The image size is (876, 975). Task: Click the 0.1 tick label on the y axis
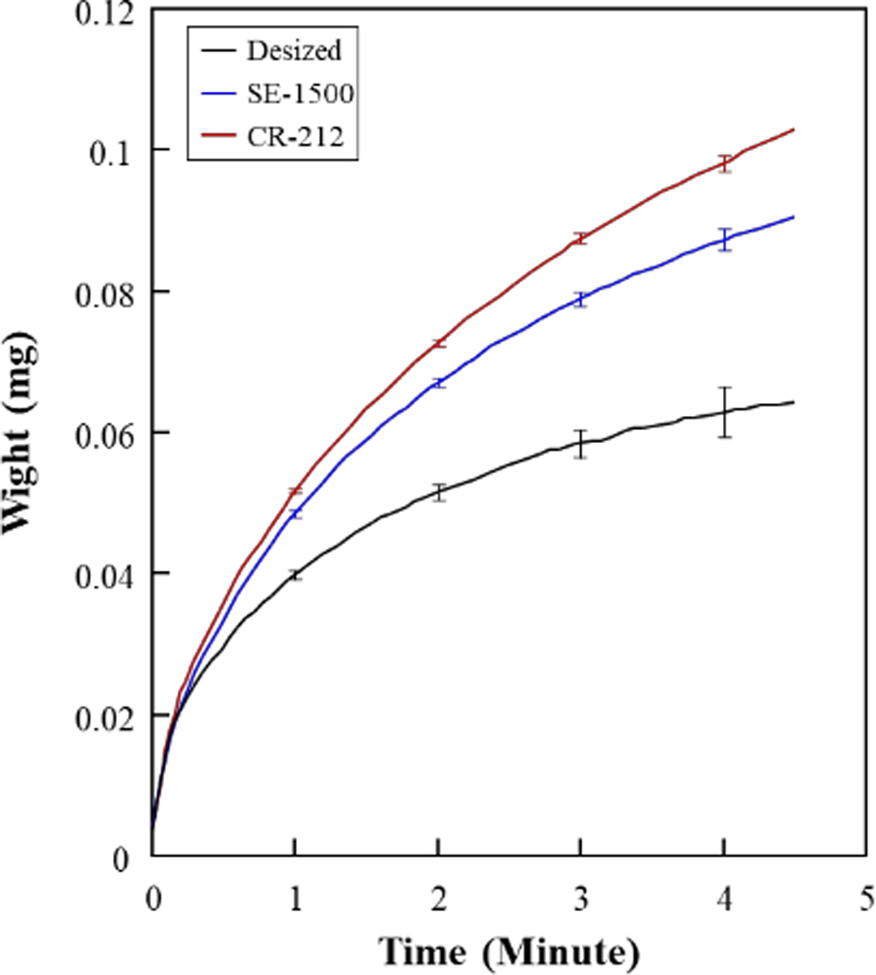117,150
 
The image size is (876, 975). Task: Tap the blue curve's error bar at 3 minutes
580,299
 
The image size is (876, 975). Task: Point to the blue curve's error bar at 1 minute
295,513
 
